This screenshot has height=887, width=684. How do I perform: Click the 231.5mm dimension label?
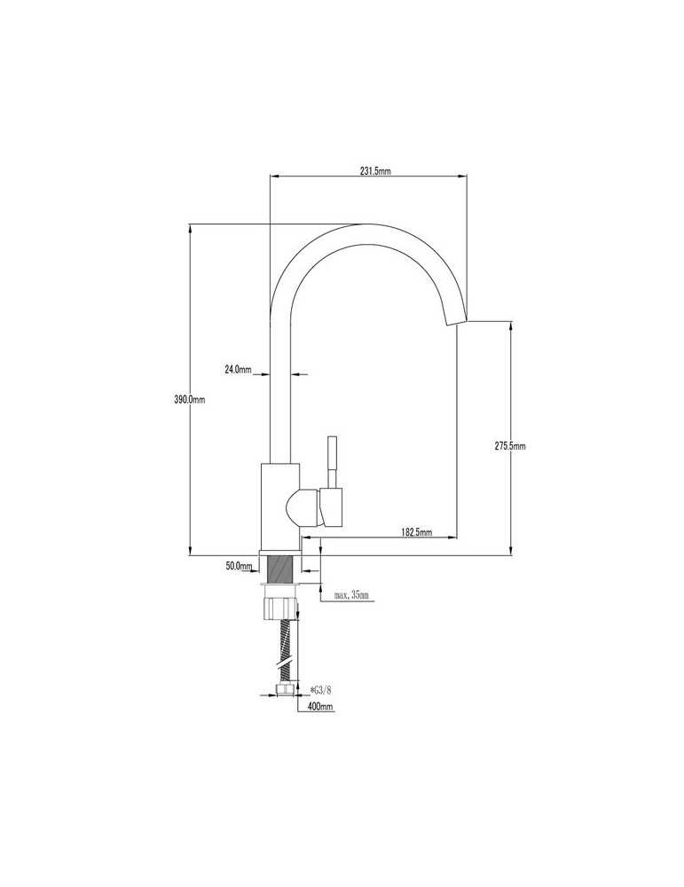point(375,171)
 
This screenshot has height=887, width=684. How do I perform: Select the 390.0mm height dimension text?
point(190,399)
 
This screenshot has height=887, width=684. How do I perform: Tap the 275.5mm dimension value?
point(510,446)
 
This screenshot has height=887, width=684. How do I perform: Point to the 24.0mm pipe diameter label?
point(238,369)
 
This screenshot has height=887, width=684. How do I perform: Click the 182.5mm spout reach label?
point(416,531)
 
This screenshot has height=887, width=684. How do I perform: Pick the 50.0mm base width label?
point(238,566)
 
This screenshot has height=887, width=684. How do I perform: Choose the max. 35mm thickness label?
point(350,595)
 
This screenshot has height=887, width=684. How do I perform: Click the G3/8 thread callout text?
point(321,689)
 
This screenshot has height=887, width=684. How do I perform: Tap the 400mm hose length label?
point(319,707)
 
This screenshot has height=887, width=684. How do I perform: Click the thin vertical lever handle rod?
point(332,461)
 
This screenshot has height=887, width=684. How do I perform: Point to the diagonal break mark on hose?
point(285,662)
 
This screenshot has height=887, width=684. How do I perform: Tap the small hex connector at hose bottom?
point(285,687)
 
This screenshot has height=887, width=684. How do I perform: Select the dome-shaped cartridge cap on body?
point(303,508)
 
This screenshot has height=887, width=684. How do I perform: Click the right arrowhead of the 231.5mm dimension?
point(462,176)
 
